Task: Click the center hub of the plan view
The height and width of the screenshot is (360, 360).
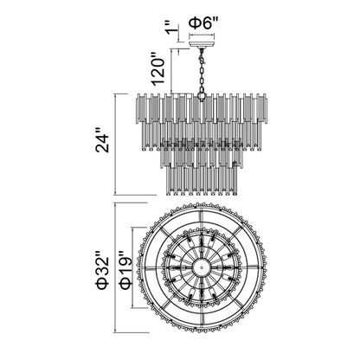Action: (x=201, y=270)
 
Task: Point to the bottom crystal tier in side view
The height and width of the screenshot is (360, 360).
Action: (x=201, y=177)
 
